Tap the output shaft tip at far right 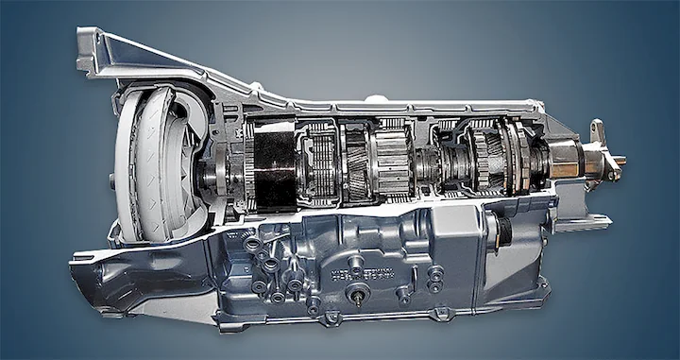[618, 162]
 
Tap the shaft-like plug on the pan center [361, 296]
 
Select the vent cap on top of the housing [376, 97]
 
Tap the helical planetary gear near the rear [485, 156]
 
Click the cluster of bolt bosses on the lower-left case [269, 269]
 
